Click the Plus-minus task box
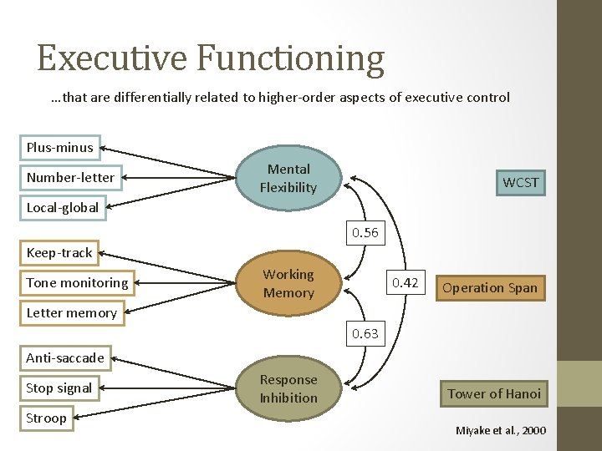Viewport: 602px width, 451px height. [x=59, y=148]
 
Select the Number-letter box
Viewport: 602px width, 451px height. [x=70, y=177]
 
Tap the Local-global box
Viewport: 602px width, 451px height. [x=62, y=207]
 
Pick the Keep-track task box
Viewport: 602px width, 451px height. [x=59, y=252]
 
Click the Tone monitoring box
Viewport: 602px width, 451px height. [x=77, y=282]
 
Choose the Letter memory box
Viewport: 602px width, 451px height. [x=71, y=312]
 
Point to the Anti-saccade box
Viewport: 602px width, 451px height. [x=65, y=357]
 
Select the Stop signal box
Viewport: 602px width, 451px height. [x=59, y=388]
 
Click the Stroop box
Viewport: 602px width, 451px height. [x=46, y=418]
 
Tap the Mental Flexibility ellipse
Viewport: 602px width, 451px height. [x=288, y=179]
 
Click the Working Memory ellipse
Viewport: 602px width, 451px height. [x=288, y=283]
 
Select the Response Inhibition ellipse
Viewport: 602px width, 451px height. [x=288, y=389]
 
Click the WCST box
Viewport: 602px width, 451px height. [x=520, y=182]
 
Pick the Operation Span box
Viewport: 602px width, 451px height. [x=489, y=288]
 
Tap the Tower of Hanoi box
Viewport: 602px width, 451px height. [x=493, y=393]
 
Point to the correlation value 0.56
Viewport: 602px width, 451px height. [x=365, y=233]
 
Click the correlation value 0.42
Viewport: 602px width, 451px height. [x=405, y=283]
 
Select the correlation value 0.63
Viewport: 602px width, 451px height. [x=365, y=333]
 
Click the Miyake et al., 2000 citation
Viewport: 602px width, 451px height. [x=500, y=430]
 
